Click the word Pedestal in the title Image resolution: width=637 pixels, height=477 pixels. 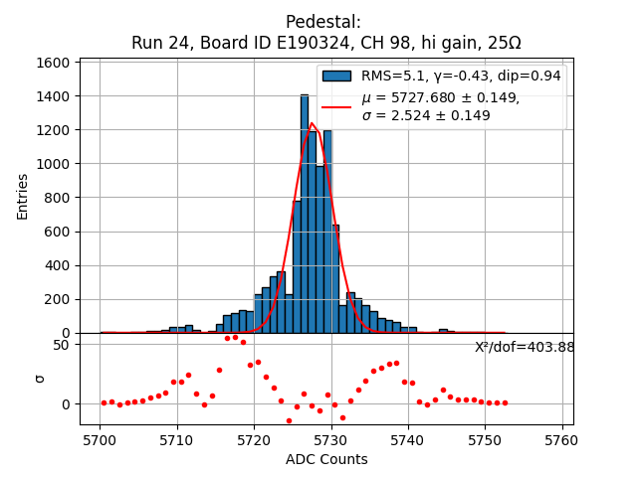[323, 22]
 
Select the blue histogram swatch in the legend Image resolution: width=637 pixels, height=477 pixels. [336, 76]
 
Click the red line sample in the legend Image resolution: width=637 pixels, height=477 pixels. [336, 106]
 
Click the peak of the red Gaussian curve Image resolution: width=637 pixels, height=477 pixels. [312, 124]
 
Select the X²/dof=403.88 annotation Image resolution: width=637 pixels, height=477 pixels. [525, 347]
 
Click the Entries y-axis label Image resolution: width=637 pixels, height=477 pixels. [23, 196]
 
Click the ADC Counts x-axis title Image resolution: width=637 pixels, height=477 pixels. [326, 459]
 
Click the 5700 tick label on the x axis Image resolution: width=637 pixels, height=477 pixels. [100, 439]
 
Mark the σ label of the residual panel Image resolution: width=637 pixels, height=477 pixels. [40, 378]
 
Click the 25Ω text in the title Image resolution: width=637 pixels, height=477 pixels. [502, 44]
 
